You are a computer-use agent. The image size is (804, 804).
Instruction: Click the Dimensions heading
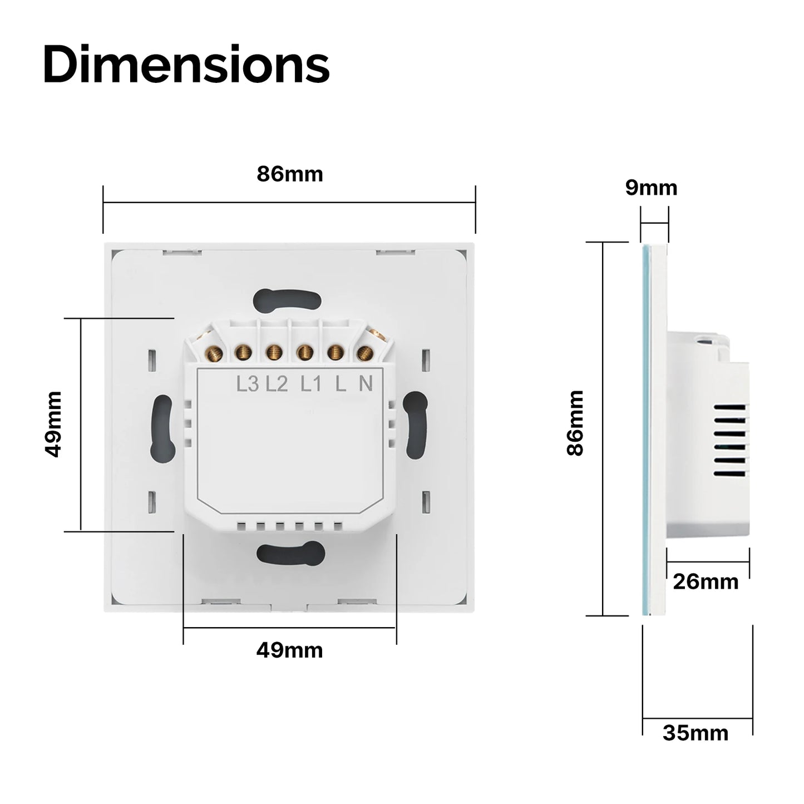[x=186, y=65]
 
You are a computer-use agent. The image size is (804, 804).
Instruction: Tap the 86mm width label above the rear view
[x=289, y=174]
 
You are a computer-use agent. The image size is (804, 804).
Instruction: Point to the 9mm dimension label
[x=651, y=188]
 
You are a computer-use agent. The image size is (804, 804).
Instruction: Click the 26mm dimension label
[x=706, y=581]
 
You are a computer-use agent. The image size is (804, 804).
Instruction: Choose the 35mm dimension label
[x=696, y=733]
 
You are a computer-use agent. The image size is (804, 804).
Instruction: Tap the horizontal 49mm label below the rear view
[x=289, y=650]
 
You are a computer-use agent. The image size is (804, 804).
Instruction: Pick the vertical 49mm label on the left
[x=53, y=425]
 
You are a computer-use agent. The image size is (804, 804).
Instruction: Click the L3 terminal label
[x=248, y=384]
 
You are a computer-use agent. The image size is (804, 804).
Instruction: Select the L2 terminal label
[x=277, y=384]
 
